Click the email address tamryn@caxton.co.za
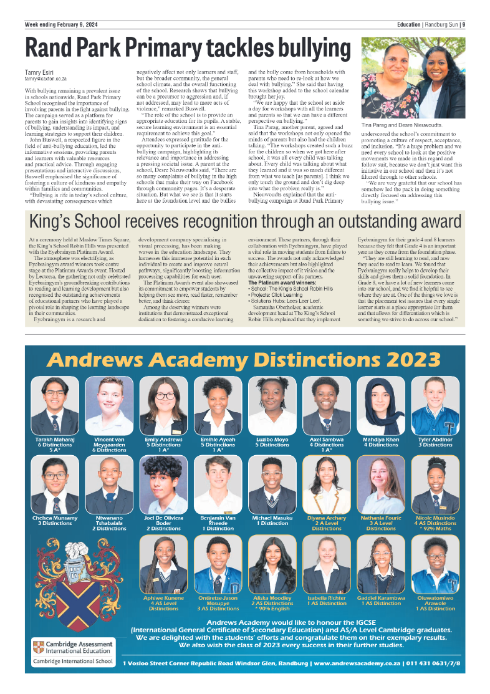click(x=46, y=79)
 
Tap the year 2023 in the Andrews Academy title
click(x=406, y=360)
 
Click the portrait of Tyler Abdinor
click(x=435, y=406)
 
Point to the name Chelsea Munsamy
click(x=55, y=518)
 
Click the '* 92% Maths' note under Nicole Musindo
click(x=435, y=528)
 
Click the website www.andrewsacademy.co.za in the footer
click(x=357, y=663)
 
